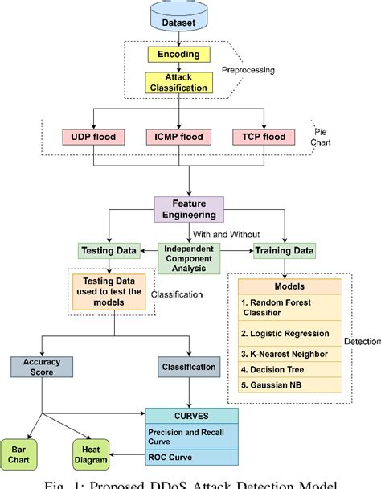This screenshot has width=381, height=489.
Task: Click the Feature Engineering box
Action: point(190,210)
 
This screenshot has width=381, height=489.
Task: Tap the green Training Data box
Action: point(284,250)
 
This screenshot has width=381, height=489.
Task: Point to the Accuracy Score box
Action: point(41,367)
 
